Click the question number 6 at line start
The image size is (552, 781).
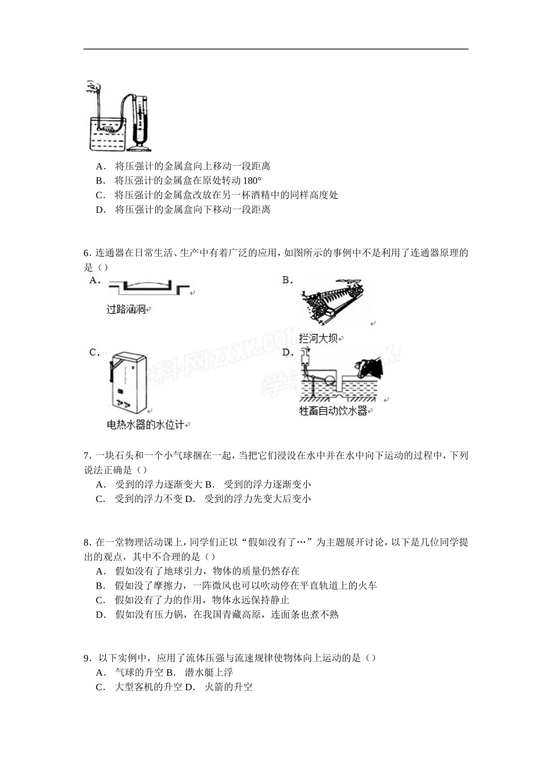87,253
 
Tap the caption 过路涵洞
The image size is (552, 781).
126,309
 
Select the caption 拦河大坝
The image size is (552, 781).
318,338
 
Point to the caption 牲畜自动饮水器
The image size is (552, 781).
333,411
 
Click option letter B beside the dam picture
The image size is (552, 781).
286,280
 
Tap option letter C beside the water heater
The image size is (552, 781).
94,352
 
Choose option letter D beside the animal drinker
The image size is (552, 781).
286,352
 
